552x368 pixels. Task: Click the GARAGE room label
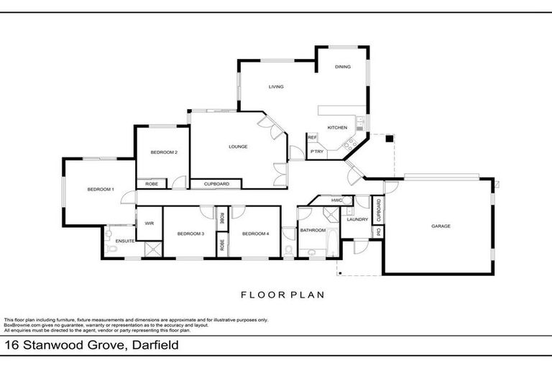441,226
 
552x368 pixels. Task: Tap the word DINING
342,67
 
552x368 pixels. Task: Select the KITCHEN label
337,128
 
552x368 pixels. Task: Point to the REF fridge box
313,137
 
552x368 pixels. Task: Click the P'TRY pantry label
316,152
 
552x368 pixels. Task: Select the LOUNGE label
238,147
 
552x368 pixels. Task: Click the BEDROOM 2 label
164,152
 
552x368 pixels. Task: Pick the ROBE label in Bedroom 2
152,184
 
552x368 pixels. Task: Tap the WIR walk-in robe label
149,224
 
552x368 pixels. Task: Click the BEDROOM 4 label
255,234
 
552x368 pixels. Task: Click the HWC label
336,201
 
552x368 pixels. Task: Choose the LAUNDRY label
357,219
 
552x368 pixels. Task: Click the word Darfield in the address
153,346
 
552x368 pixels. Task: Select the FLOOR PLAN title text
282,294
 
